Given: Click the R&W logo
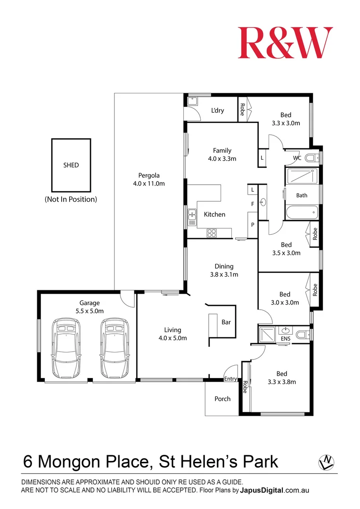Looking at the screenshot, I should pos(285,43).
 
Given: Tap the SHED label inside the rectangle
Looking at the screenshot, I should pos(71,165).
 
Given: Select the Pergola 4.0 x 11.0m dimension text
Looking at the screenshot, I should pos(148,184).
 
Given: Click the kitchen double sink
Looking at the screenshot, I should pos(192,217).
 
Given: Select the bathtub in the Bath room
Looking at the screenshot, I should pos(302,213).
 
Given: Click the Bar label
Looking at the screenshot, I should pos(226,322).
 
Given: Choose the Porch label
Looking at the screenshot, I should pos(222,399).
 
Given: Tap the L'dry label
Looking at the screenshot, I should pos(218,111).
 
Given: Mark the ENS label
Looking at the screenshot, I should pos(286,339).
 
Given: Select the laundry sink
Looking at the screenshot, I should pos(193,101).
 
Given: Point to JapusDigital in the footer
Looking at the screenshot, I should pos(262,491).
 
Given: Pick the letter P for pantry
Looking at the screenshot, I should pos(253,225).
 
